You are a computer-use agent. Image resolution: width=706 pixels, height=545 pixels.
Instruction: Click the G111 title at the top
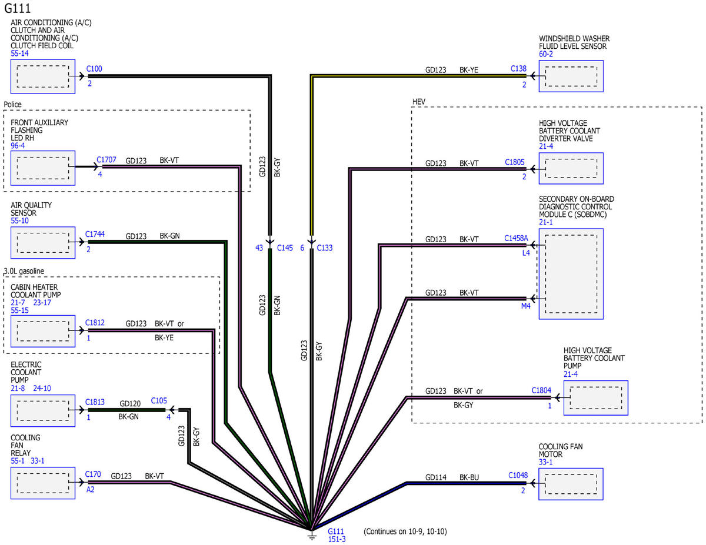tap(17, 8)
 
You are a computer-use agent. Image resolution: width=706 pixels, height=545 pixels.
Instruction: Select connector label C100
tap(94, 69)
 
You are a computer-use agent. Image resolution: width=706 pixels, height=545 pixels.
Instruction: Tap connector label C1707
tap(106, 160)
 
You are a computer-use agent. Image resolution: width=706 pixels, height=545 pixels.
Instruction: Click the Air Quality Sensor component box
tap(43, 242)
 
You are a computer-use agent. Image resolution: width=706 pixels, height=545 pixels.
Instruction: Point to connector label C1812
tap(95, 323)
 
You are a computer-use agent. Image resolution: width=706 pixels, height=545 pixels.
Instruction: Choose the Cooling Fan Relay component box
tap(43, 483)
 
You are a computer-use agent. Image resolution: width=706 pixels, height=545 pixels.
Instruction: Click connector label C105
tap(159, 401)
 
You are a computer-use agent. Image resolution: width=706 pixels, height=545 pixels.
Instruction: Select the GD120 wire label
tap(130, 403)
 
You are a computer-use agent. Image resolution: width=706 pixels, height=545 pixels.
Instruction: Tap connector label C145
tap(285, 248)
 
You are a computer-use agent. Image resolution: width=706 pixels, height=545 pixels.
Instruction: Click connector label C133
tap(325, 248)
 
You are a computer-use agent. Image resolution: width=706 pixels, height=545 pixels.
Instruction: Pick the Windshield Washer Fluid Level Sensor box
tap(571, 76)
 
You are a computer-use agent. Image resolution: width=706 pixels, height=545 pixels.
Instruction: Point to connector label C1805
tap(515, 162)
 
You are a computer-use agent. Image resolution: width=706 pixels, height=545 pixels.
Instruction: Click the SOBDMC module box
tap(571, 274)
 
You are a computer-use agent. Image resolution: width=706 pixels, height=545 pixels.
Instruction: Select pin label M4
tap(526, 306)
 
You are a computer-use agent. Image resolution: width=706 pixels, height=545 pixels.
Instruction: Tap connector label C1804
tap(541, 390)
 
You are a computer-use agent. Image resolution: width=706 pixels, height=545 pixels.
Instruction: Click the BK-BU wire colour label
tap(469, 477)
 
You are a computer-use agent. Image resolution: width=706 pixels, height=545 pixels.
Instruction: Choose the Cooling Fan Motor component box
tap(571, 484)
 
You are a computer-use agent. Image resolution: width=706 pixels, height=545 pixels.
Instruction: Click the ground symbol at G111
tap(312, 536)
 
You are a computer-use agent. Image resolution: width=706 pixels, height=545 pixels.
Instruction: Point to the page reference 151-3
tap(337, 539)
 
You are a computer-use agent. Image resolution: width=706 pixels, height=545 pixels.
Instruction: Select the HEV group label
tap(418, 102)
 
